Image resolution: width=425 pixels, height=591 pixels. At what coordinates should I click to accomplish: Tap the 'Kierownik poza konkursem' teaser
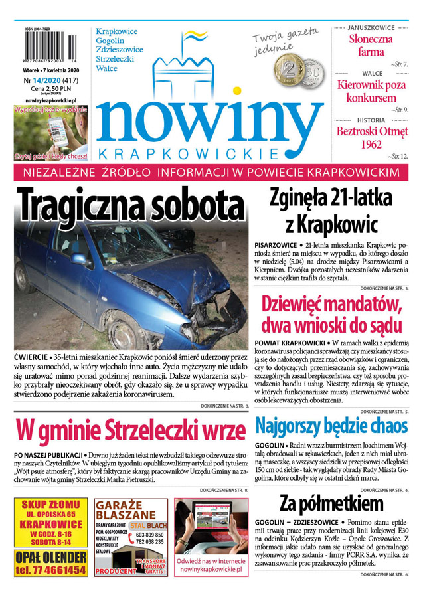coord(371,92)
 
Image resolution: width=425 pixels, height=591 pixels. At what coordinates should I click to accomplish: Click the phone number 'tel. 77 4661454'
coord(51,569)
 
